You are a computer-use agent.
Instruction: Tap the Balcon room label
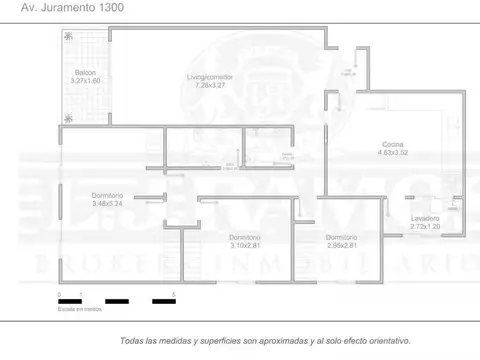pos(84,72)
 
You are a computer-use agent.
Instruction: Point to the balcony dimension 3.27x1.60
pos(86,80)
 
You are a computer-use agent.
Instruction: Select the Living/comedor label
pos(209,77)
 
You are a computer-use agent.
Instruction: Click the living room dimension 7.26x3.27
pos(210,85)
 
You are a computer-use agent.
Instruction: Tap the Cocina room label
pos(393,145)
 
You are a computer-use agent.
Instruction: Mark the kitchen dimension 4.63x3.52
pos(393,153)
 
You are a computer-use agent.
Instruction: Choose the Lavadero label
pos(424,218)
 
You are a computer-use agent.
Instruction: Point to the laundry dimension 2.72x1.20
pos(424,226)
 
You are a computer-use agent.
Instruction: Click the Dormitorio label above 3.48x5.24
pos(107,194)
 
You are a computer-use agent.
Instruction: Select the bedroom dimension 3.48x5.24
pos(107,203)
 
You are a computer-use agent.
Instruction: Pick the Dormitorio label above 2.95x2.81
pos(341,237)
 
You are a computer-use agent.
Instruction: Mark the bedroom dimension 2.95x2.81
pos(341,245)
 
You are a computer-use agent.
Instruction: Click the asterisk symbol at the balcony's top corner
pos(68,36)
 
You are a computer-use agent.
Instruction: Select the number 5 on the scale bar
pos(174,294)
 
